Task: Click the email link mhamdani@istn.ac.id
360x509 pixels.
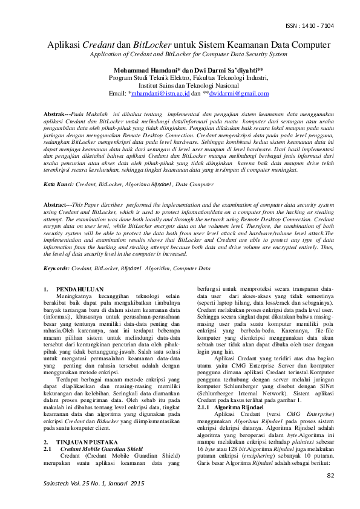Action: (x=160, y=94)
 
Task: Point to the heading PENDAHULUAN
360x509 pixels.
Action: (x=80, y=290)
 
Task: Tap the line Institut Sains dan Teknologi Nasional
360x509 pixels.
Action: (x=180, y=86)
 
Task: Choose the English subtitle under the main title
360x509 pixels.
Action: (x=180, y=54)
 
